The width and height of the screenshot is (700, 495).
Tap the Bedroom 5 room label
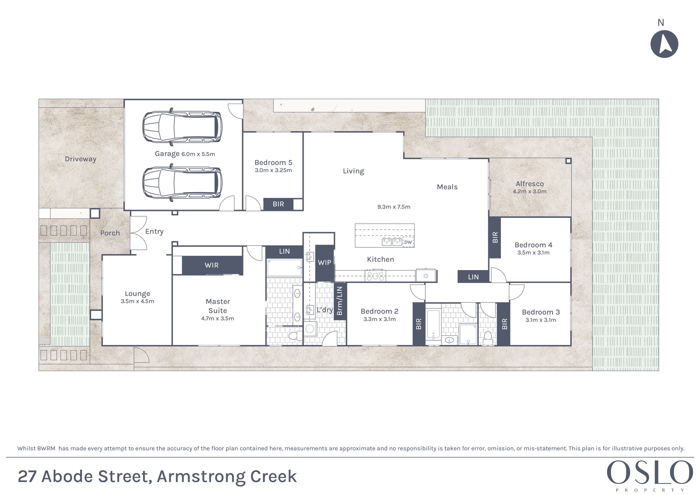click(273, 163)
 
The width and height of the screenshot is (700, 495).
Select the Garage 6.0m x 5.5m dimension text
click(198, 154)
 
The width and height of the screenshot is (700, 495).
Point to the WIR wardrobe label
click(212, 265)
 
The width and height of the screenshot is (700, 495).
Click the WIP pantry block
click(325, 263)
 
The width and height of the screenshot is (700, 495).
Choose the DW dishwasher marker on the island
click(408, 242)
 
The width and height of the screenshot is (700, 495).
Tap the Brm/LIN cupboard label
click(339, 301)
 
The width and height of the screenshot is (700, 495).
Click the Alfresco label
click(530, 184)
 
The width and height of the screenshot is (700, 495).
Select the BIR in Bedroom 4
click(495, 237)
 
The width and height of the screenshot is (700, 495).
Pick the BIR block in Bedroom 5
click(278, 204)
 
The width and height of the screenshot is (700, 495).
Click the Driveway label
click(80, 159)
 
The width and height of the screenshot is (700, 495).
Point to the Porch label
click(110, 233)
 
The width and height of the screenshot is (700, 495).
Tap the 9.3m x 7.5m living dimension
click(394, 207)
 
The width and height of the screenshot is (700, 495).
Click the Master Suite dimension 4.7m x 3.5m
click(218, 318)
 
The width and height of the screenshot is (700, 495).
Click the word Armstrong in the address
click(201, 477)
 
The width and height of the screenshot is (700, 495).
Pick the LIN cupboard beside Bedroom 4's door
click(473, 277)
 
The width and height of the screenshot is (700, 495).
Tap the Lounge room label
click(137, 294)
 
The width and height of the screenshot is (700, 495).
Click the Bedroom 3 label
click(541, 312)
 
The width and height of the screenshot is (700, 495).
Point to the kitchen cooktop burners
click(375, 276)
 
